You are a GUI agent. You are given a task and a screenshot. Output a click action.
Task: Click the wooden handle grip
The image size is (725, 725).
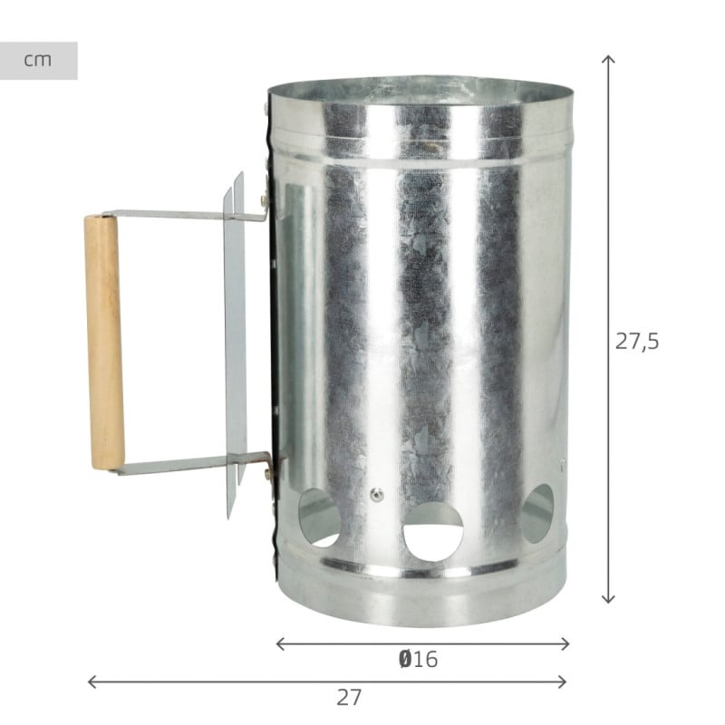104,343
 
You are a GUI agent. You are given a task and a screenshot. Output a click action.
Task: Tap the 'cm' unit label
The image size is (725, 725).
37,60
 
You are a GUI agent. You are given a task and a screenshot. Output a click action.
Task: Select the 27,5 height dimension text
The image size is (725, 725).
637,342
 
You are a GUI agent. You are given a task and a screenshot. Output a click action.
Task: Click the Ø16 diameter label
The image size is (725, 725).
418,660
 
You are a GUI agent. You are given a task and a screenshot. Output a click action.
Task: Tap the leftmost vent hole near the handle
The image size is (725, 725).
320,517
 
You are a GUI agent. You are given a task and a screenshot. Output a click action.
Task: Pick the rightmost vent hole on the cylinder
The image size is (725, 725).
537,513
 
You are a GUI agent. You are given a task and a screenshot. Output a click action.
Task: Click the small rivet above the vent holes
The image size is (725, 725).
376,495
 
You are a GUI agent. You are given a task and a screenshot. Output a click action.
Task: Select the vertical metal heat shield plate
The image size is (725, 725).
235,344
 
